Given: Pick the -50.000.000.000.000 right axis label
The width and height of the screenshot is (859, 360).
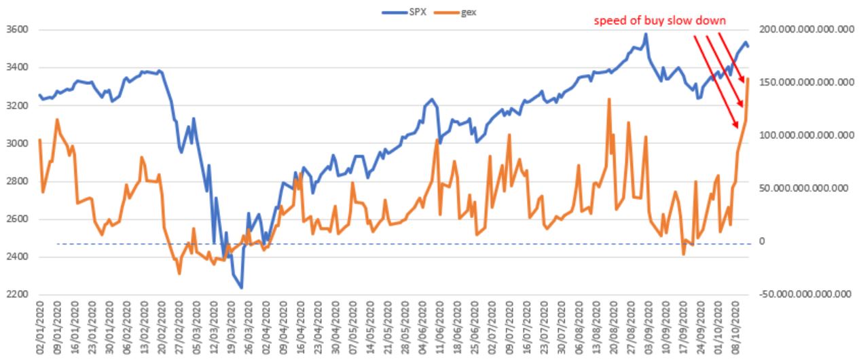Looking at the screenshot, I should pyautogui.click(x=808, y=295).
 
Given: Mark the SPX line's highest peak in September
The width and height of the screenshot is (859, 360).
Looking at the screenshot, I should pyautogui.click(x=646, y=33).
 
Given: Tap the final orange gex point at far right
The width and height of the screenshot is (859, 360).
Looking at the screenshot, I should pyautogui.click(x=748, y=79).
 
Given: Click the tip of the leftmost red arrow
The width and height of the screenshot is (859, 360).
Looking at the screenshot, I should pyautogui.click(x=738, y=128).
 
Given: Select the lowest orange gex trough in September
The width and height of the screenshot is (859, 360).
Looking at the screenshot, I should pyautogui.click(x=684, y=255).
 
